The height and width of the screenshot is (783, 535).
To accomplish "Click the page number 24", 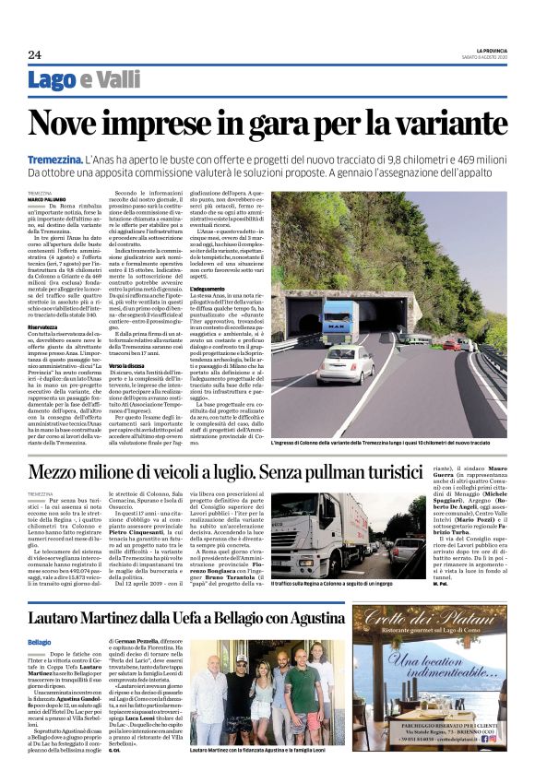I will [x=34, y=53].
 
